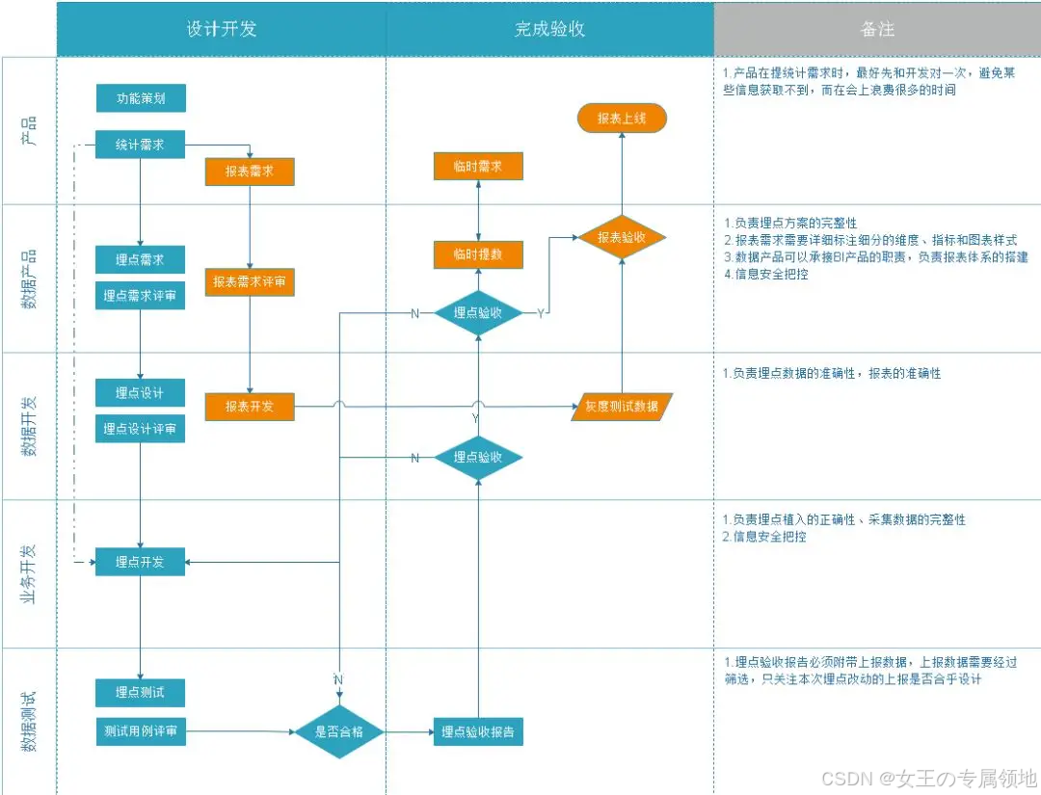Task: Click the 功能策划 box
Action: pyautogui.click(x=140, y=98)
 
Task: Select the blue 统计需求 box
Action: pyautogui.click(x=140, y=145)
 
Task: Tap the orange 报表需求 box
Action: pyautogui.click(x=249, y=171)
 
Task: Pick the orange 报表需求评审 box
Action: pyautogui.click(x=249, y=282)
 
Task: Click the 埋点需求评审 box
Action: pyautogui.click(x=140, y=296)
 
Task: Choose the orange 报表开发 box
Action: pyautogui.click(x=249, y=407)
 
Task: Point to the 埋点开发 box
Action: pyautogui.click(x=140, y=562)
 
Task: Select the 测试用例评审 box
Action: pyautogui.click(x=140, y=731)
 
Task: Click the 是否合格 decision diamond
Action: pyautogui.click(x=338, y=732)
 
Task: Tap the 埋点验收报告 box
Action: pyautogui.click(x=478, y=732)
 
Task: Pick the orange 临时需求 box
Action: pyautogui.click(x=478, y=167)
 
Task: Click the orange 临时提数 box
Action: pyautogui.click(x=478, y=254)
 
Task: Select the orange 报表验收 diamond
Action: pyautogui.click(x=621, y=237)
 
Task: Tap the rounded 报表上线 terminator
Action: pyautogui.click(x=621, y=119)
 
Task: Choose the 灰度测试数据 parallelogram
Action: pyautogui.click(x=622, y=407)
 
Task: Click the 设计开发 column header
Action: pyautogui.click(x=222, y=29)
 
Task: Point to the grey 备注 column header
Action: pyautogui.click(x=877, y=29)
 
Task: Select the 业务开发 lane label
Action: pyautogui.click(x=29, y=574)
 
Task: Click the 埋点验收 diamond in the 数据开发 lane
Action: pyautogui.click(x=478, y=458)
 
